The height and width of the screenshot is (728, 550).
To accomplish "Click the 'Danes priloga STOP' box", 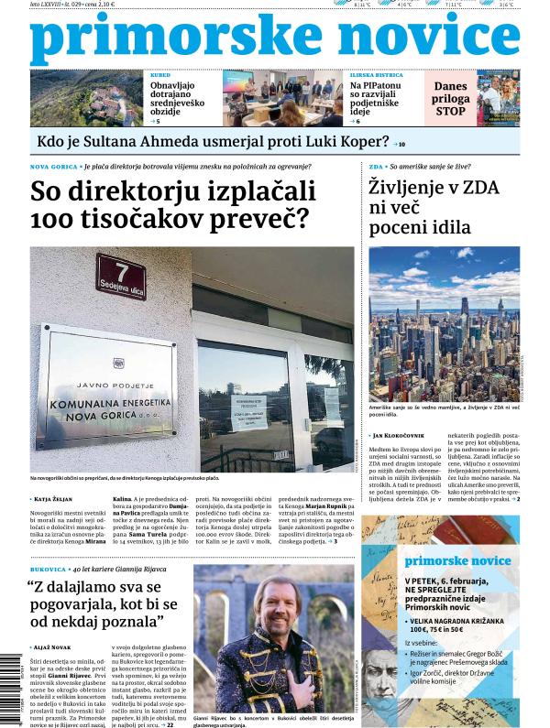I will pos(450,98).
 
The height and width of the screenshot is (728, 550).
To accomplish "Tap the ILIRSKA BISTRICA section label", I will pos(377,76).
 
